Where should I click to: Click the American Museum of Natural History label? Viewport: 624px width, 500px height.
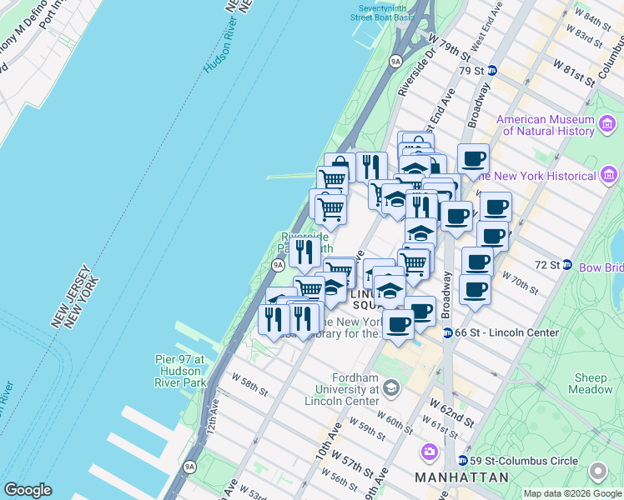click(x=546, y=125)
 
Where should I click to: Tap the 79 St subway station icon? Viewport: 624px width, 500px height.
click(x=493, y=71)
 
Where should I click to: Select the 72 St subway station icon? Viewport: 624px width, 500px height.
click(x=567, y=265)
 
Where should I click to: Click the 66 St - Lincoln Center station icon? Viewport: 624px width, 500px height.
click(x=448, y=332)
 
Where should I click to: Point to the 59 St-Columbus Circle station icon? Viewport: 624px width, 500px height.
click(x=462, y=460)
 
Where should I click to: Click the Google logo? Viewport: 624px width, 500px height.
click(x=28, y=490)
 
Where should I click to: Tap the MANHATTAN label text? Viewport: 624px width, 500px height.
click(x=461, y=477)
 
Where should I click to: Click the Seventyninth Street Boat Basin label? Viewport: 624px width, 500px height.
click(x=381, y=11)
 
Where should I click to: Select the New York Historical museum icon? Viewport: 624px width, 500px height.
click(x=608, y=176)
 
